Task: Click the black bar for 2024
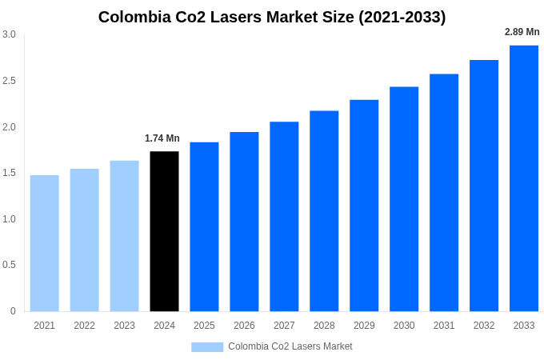pos(164,231)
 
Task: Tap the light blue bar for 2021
pos(45,243)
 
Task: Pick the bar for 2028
pos(324,211)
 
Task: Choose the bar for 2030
pos(404,199)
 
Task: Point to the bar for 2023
pos(124,236)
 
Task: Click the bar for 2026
pos(244,222)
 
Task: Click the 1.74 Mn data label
pos(162,138)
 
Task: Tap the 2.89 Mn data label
pos(522,32)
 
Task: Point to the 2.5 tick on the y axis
pos(9,81)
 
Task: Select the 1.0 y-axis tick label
pos(9,219)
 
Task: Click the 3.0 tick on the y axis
pos(9,34)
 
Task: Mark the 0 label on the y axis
pos(13,311)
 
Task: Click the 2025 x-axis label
pos(204,326)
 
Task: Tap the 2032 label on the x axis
pos(484,326)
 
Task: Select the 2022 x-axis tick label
pos(84,326)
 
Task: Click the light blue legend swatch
pos(207,347)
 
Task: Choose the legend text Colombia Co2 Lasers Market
pos(290,346)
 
